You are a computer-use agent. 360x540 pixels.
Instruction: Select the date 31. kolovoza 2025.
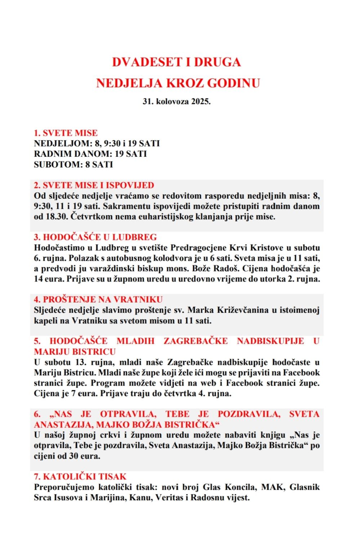point(177,102)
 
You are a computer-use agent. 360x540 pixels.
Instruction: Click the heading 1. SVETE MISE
point(66,133)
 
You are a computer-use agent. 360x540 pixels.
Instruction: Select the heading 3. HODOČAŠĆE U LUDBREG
point(95,237)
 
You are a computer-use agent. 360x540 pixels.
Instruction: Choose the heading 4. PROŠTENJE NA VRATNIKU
point(98,300)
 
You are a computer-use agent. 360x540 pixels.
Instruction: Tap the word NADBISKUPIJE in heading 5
point(270,341)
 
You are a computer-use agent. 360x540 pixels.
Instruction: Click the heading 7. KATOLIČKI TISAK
point(80,477)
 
